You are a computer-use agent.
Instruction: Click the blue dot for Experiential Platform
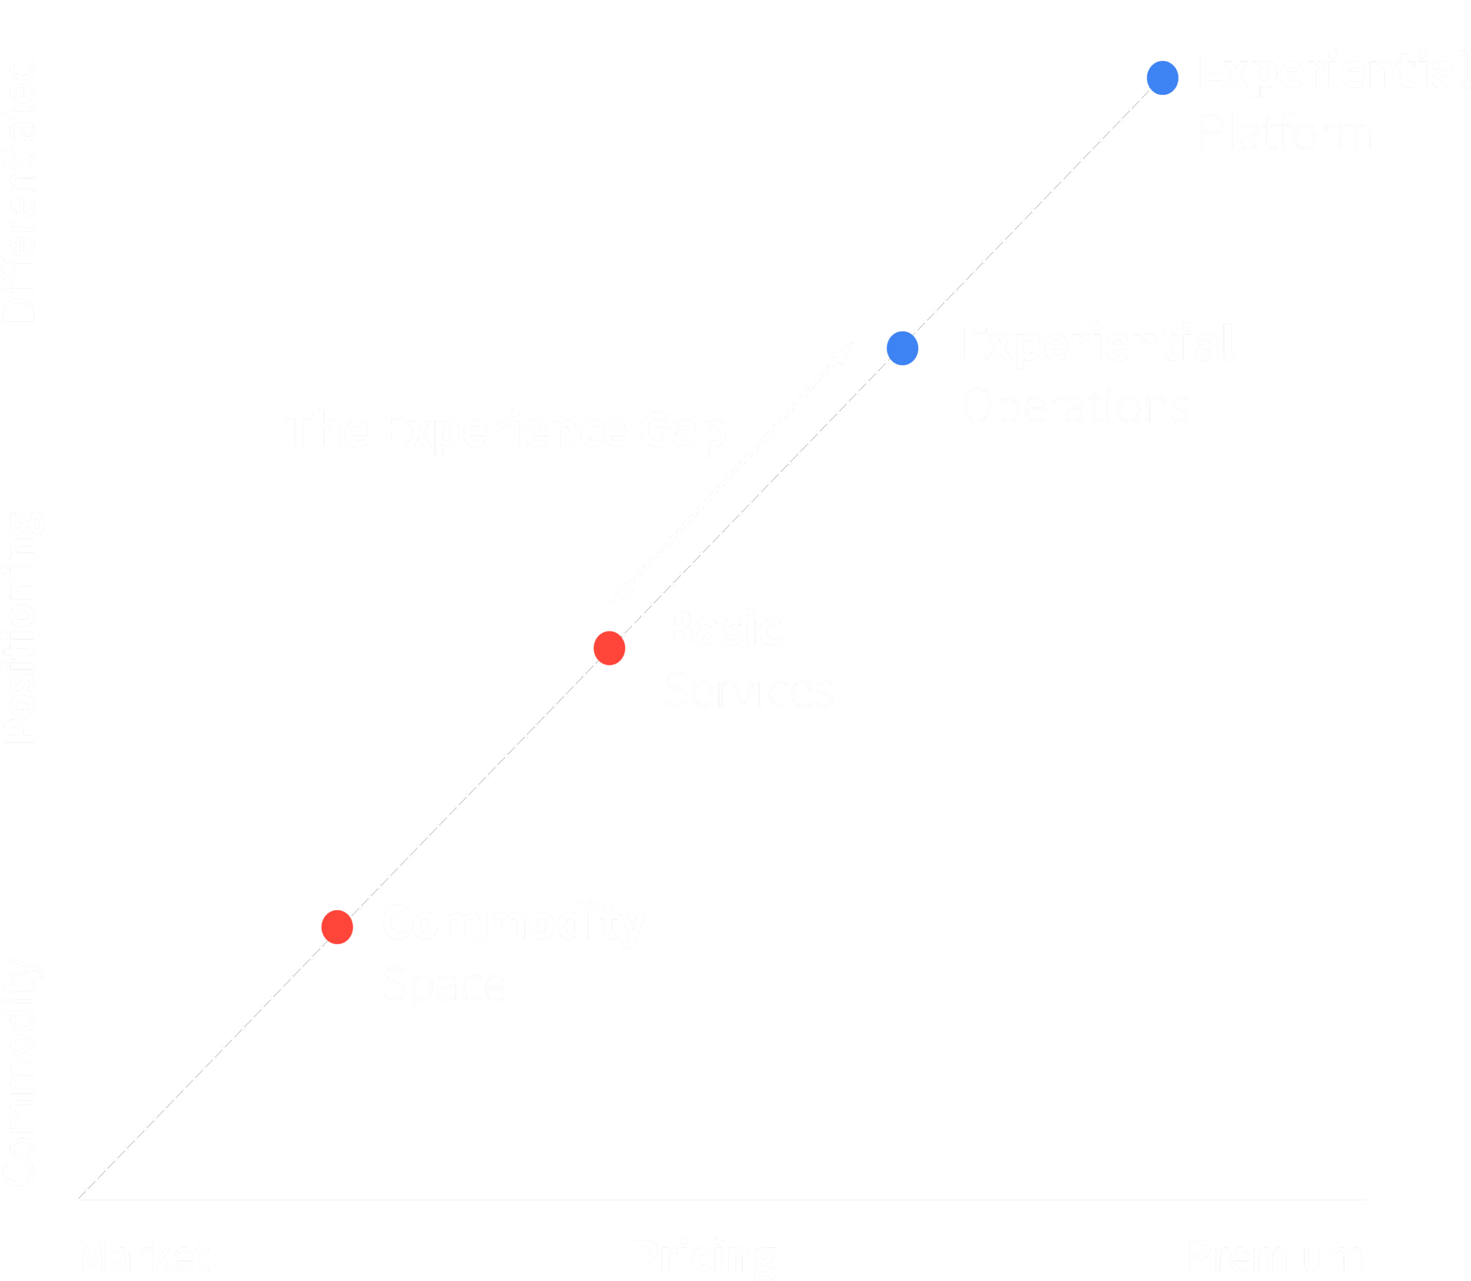[x=1162, y=78]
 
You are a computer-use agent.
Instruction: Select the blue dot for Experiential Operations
[x=902, y=348]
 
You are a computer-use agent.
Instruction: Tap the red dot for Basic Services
[x=609, y=648]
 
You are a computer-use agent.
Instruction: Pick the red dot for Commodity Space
[x=337, y=927]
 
